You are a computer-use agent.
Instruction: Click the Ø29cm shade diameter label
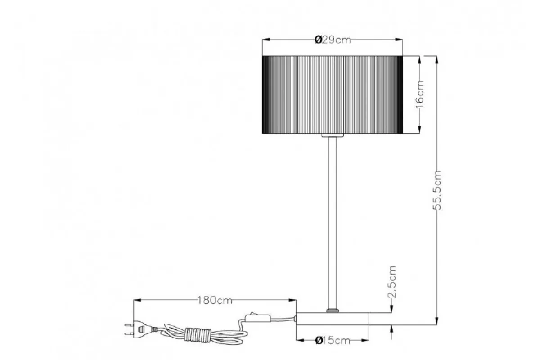[x=333, y=40]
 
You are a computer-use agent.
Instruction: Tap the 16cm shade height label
[x=420, y=94]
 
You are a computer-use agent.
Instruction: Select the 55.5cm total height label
[x=437, y=190]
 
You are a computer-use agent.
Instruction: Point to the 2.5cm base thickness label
[x=392, y=282]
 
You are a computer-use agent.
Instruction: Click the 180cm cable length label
[x=215, y=301]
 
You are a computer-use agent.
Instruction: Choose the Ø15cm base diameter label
[x=333, y=341]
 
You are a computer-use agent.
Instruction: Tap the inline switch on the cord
[x=258, y=318]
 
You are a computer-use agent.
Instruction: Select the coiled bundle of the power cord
[x=198, y=334]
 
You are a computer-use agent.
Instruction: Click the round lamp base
[x=333, y=319]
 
